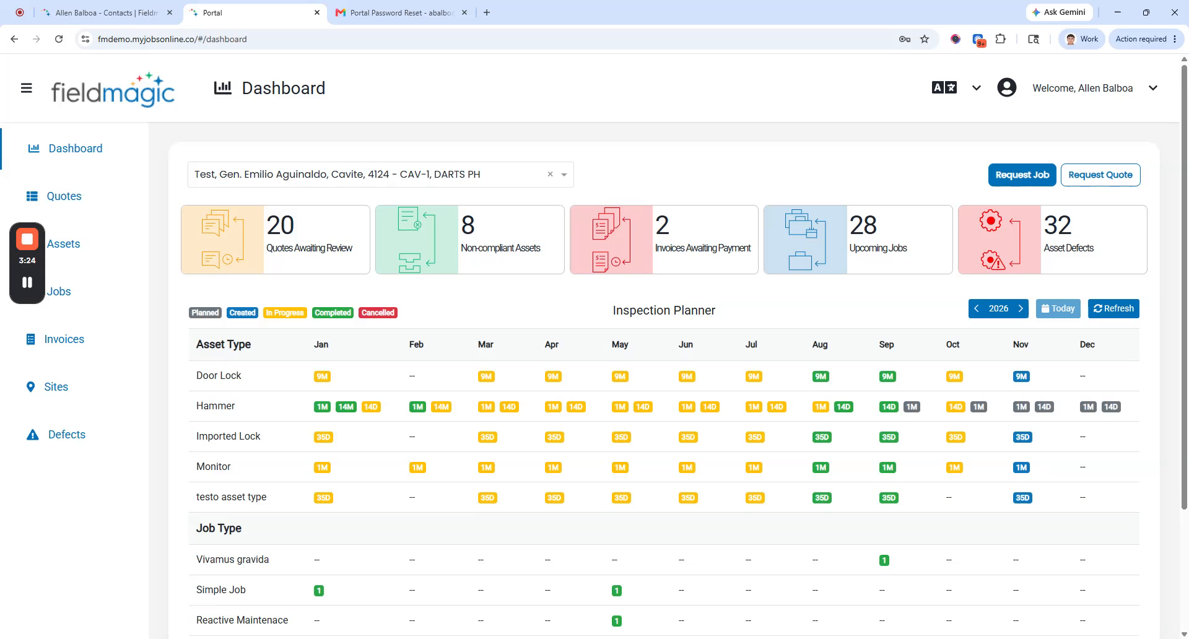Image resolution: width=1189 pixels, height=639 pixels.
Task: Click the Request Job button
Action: (1022, 175)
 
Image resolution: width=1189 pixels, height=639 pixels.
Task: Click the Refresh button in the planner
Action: (1113, 308)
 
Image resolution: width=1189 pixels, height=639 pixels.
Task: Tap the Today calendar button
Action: (1058, 308)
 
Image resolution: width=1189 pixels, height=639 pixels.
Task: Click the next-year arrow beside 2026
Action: (1021, 308)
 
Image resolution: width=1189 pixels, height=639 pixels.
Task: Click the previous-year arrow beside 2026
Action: (977, 308)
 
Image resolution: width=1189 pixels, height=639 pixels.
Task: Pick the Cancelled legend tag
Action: (378, 313)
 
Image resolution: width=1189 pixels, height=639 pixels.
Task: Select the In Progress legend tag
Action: (285, 313)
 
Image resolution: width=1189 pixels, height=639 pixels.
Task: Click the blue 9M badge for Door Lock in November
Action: (1021, 376)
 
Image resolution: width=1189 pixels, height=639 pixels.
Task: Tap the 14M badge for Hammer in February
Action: (441, 407)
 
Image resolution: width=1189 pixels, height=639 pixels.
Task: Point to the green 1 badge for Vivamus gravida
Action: (884, 560)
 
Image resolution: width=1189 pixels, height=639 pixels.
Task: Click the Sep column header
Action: (886, 344)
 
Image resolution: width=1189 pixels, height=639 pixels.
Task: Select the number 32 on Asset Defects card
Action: (1057, 225)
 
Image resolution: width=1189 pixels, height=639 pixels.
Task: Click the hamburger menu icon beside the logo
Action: (27, 88)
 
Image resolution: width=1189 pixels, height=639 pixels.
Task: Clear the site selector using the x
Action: (550, 175)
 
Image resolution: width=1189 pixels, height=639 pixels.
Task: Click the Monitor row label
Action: (213, 467)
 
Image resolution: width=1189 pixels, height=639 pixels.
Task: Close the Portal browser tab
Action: (317, 12)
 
